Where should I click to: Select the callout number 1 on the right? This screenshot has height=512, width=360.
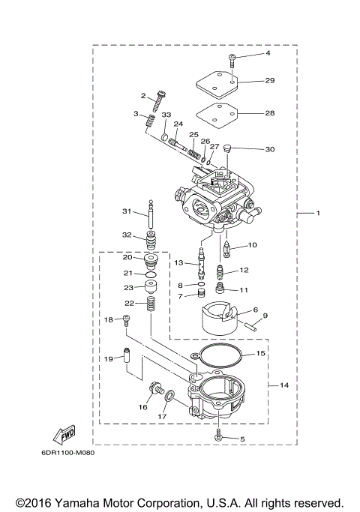pyautogui.click(x=318, y=214)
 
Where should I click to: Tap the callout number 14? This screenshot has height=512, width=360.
pyautogui.click(x=284, y=385)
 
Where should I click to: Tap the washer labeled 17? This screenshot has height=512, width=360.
pyautogui.click(x=172, y=396)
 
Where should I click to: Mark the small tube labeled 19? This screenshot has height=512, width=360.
pyautogui.click(x=127, y=361)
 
